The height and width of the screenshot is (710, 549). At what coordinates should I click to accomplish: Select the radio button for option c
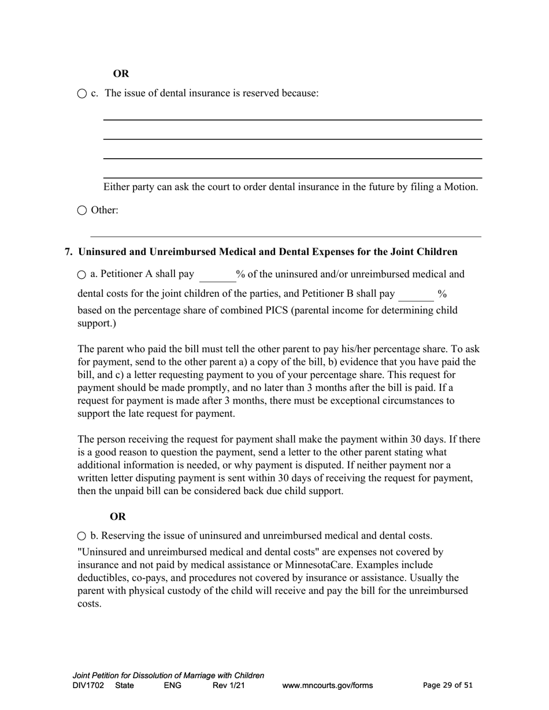click(x=81, y=94)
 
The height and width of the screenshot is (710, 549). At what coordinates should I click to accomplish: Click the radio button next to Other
click(x=81, y=211)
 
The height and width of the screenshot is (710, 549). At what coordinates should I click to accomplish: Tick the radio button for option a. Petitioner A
click(x=81, y=275)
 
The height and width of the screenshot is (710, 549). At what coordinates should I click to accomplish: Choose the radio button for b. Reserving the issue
click(x=81, y=536)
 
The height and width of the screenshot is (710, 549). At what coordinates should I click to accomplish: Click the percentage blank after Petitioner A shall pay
click(x=217, y=276)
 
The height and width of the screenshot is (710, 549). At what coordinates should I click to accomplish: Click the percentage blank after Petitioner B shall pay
click(x=416, y=295)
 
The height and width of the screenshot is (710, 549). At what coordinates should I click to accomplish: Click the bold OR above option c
click(x=121, y=74)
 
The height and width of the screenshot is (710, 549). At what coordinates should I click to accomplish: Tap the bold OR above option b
click(x=117, y=517)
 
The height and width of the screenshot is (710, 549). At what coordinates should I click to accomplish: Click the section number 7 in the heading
click(x=68, y=252)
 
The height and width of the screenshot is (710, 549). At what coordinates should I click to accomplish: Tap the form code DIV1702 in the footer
click(x=88, y=686)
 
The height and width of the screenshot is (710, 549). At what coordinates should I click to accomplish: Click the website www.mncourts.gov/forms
click(x=327, y=686)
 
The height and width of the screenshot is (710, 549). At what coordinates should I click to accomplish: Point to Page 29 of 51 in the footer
click(x=447, y=685)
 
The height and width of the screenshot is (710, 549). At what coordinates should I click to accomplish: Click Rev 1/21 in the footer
click(x=229, y=686)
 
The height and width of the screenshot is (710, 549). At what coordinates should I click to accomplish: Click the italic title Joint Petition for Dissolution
click(x=168, y=675)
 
